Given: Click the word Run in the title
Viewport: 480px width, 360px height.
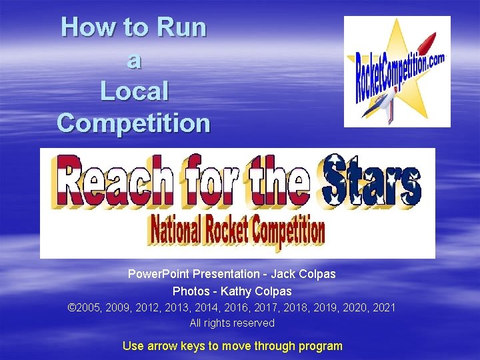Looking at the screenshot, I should (x=181, y=28).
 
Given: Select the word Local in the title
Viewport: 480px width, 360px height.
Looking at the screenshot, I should (x=134, y=91).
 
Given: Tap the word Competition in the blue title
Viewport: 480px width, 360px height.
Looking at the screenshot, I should (x=134, y=123).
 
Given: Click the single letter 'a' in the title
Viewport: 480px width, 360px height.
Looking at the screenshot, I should (x=134, y=60).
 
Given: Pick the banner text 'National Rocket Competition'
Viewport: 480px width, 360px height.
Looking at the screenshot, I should (x=237, y=230).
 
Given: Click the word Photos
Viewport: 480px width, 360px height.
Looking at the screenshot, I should (x=189, y=291).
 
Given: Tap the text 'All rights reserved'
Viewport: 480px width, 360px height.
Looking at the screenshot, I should (x=232, y=323).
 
